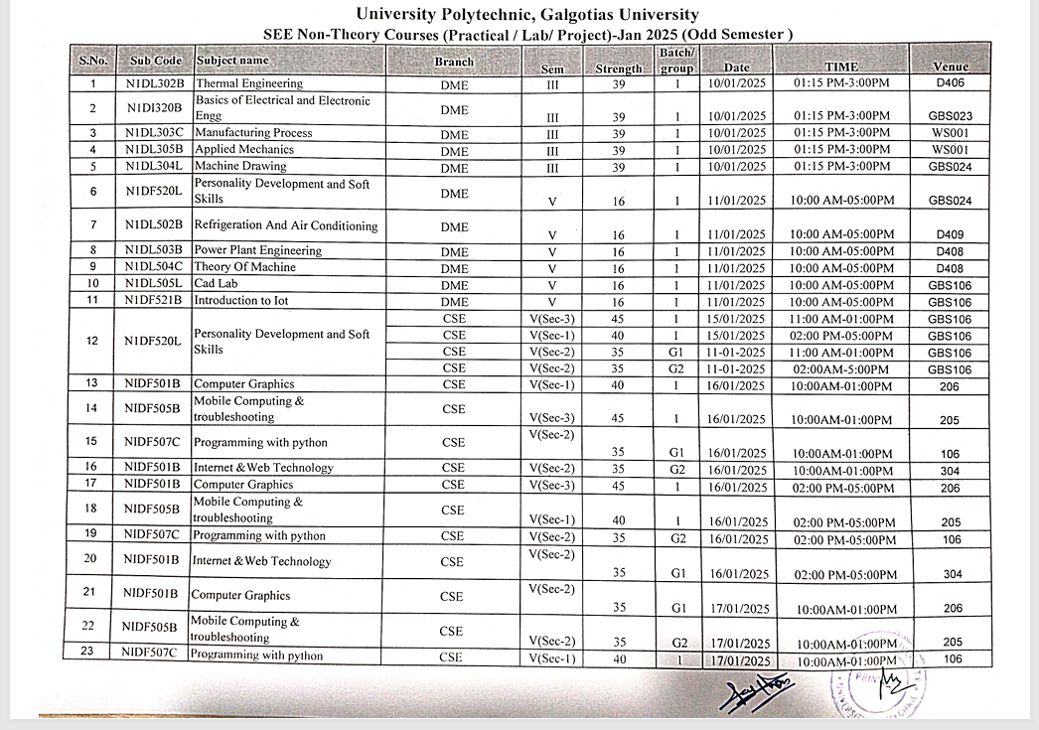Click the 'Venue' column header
tap(951, 67)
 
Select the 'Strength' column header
tap(619, 69)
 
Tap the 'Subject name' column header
tap(232, 61)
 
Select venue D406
tap(950, 84)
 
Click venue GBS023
tap(950, 116)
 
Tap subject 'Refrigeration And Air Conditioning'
tap(286, 225)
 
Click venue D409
tap(950, 235)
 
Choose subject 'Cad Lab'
tap(216, 284)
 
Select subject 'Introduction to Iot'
tap(241, 300)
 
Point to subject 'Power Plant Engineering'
tap(257, 250)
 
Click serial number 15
tap(91, 442)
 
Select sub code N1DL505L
tap(155, 284)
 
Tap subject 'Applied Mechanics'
tap(243, 149)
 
